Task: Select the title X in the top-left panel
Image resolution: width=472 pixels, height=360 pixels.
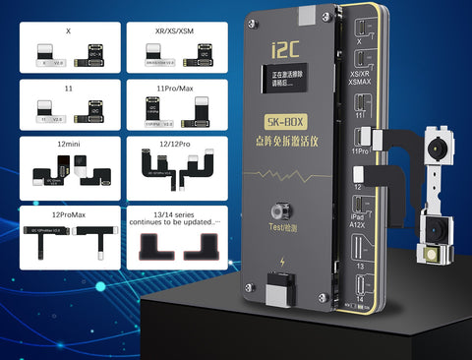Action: [x=68, y=31]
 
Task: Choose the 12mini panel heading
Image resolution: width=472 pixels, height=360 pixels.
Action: [x=68, y=146]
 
